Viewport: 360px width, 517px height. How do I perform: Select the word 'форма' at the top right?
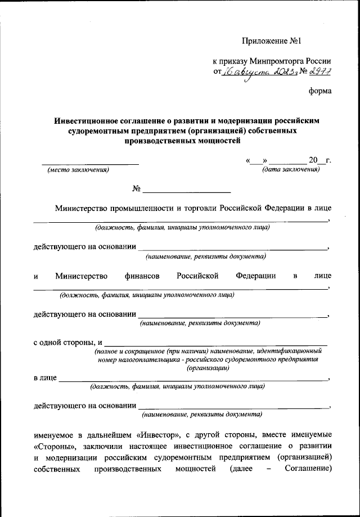[x=320, y=91]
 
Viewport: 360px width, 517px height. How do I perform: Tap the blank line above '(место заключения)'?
[x=90, y=164]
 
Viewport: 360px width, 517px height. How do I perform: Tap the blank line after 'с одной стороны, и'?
[x=216, y=343]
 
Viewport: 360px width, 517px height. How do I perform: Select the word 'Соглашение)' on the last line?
[x=308, y=469]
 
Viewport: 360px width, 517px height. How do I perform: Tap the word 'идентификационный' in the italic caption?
[x=289, y=350]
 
